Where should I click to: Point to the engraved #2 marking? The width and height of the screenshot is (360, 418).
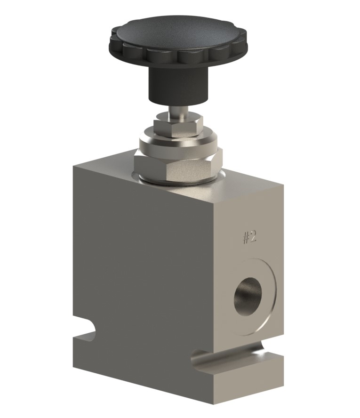(249, 237)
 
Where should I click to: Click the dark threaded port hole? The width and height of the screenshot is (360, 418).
(248, 294)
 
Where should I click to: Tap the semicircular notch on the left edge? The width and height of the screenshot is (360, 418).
(89, 330)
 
